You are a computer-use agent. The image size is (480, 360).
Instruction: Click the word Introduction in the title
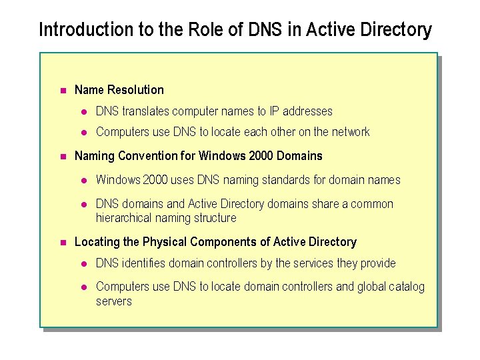(77, 30)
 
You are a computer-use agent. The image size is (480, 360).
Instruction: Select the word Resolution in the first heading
(135, 89)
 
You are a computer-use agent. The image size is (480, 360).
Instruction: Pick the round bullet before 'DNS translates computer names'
(85, 111)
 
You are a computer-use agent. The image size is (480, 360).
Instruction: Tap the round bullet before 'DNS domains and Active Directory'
(85, 204)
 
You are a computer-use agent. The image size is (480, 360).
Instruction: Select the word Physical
(165, 242)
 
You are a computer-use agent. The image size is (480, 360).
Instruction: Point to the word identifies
(143, 263)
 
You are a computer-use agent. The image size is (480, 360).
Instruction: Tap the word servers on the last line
(114, 301)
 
